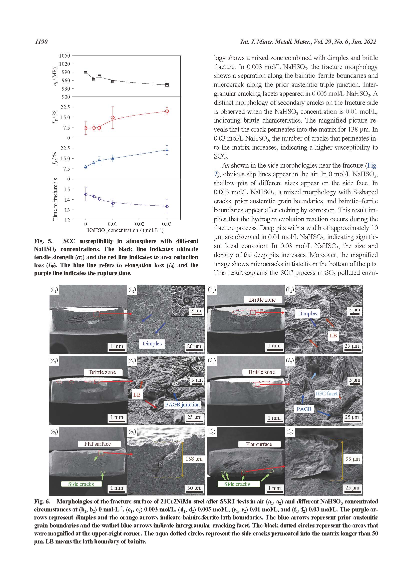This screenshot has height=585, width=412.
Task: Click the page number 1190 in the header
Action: [x=41, y=42]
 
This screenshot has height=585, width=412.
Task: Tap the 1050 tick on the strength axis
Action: [x=65, y=56]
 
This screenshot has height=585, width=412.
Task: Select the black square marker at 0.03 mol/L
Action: [x=167, y=85]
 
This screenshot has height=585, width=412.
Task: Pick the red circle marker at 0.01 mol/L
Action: [x=113, y=118]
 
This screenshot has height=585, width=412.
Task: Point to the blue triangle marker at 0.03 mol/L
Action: [x=167, y=150]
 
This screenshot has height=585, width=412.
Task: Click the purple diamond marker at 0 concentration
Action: [x=86, y=194]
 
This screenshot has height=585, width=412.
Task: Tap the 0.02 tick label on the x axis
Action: [x=140, y=224]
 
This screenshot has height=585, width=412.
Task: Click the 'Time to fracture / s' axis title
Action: [x=55, y=199]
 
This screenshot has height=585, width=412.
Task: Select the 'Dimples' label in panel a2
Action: [x=152, y=343]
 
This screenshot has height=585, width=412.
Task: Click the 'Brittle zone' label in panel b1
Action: [x=262, y=300]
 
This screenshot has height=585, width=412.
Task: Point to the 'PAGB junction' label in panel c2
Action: [x=182, y=405]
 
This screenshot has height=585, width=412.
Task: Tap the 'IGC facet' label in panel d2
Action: [x=326, y=394]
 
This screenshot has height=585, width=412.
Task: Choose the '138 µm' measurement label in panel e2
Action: [x=194, y=459]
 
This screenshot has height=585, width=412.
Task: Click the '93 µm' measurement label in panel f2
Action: [x=353, y=459]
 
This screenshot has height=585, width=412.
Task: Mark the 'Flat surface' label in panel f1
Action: [x=259, y=444]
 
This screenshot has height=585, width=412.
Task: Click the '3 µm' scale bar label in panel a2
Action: [x=197, y=311]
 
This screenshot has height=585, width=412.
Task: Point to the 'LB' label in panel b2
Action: [x=333, y=336]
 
